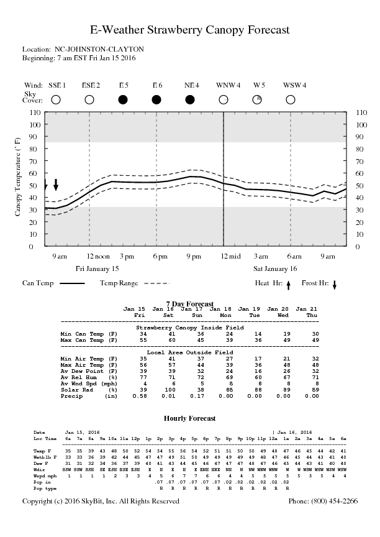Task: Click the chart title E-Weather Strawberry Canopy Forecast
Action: tap(190, 30)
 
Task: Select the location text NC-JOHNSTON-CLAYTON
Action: tap(99, 49)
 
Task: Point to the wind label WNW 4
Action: tap(228, 85)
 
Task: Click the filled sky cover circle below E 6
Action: tap(156, 99)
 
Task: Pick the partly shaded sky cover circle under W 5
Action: tap(257, 99)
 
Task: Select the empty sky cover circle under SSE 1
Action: tap(56, 99)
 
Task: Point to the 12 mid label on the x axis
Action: tap(224, 256)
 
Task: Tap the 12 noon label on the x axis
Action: tap(89, 256)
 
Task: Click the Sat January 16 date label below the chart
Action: tap(275, 268)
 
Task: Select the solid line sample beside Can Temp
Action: tap(72, 283)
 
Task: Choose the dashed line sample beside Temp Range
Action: tap(156, 283)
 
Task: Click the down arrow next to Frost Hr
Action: tap(334, 285)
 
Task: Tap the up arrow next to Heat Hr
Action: tap(288, 285)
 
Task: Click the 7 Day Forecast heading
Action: tap(190, 303)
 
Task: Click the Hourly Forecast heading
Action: tap(190, 419)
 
